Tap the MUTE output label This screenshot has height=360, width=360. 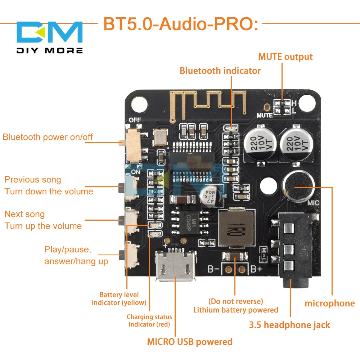click(285, 57)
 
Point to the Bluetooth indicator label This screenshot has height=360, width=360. click(220, 71)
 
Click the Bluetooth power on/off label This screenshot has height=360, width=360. click(48, 137)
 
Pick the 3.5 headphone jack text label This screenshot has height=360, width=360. click(289, 325)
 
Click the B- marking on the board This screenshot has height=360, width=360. click(214, 268)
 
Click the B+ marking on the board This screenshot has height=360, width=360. click(257, 268)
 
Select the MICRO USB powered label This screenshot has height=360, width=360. click(190, 341)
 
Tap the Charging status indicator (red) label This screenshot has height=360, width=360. click(149, 320)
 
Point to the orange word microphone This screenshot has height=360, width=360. click(330, 303)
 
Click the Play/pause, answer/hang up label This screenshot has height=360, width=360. click(76, 255)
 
